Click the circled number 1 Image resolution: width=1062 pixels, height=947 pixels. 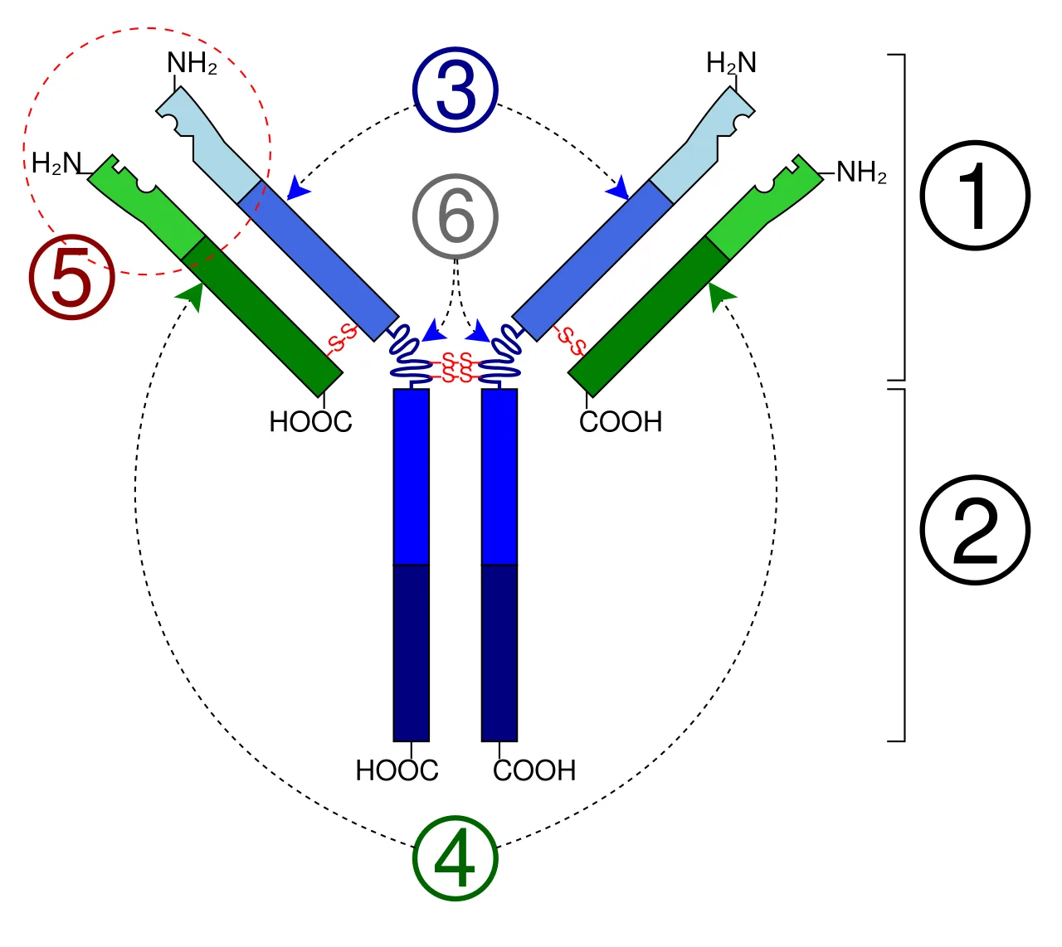(974, 195)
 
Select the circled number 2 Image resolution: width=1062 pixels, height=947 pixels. (974, 530)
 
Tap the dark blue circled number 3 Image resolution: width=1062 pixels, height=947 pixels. (455, 89)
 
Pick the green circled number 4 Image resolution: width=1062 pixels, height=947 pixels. (455, 858)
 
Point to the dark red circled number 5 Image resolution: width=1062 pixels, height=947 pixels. (72, 277)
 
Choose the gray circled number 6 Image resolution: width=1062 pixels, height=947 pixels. (455, 216)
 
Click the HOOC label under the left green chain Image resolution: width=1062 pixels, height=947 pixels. (310, 422)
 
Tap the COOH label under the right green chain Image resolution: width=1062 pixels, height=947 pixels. (621, 422)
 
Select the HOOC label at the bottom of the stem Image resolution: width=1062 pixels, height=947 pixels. (397, 770)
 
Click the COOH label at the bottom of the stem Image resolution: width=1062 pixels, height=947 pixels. (534, 770)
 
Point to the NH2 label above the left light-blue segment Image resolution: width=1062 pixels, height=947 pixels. (192, 63)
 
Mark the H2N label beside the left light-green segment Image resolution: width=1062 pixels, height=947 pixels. (56, 163)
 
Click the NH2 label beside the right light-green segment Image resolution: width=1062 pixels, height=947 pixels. (861, 172)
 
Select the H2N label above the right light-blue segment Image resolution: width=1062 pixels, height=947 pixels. (731, 63)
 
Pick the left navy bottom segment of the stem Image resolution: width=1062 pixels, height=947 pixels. (412, 653)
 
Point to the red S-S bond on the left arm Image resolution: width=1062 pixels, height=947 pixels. (343, 338)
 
